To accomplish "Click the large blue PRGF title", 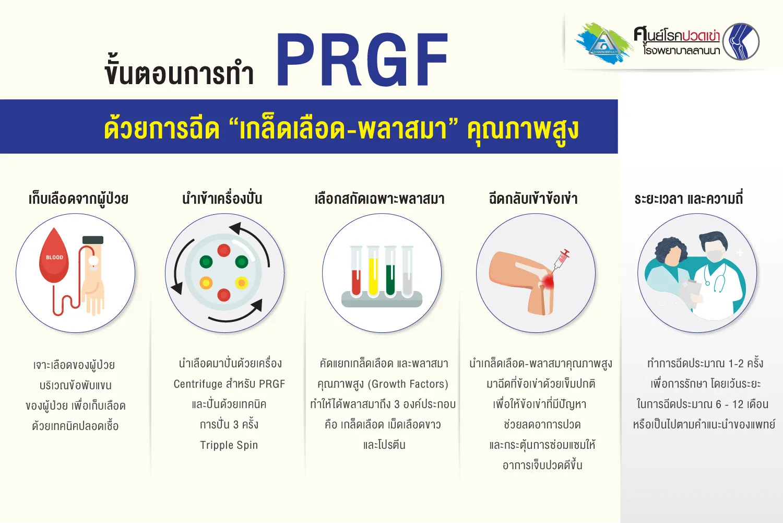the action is pyautogui.click(x=362, y=60).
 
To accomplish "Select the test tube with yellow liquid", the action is pyautogui.click(x=373, y=272).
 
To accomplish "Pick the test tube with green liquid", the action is pyautogui.click(x=390, y=272).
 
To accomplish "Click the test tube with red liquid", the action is pyautogui.click(x=356, y=272).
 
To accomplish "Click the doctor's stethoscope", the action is pyautogui.click(x=714, y=278).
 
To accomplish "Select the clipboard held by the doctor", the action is pyautogui.click(x=690, y=293).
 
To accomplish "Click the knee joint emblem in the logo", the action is pyautogui.click(x=741, y=42).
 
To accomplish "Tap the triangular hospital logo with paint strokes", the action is pyautogui.click(x=603, y=43).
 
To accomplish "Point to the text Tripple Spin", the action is pyautogui.click(x=229, y=445).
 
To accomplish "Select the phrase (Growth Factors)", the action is pyautogui.click(x=408, y=384).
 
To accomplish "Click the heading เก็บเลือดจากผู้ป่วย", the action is pyautogui.click(x=78, y=199).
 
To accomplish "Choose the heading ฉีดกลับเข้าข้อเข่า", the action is pyautogui.click(x=533, y=199).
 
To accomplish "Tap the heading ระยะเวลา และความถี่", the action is pyautogui.click(x=689, y=199).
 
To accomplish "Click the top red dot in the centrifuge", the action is pyautogui.click(x=224, y=250).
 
